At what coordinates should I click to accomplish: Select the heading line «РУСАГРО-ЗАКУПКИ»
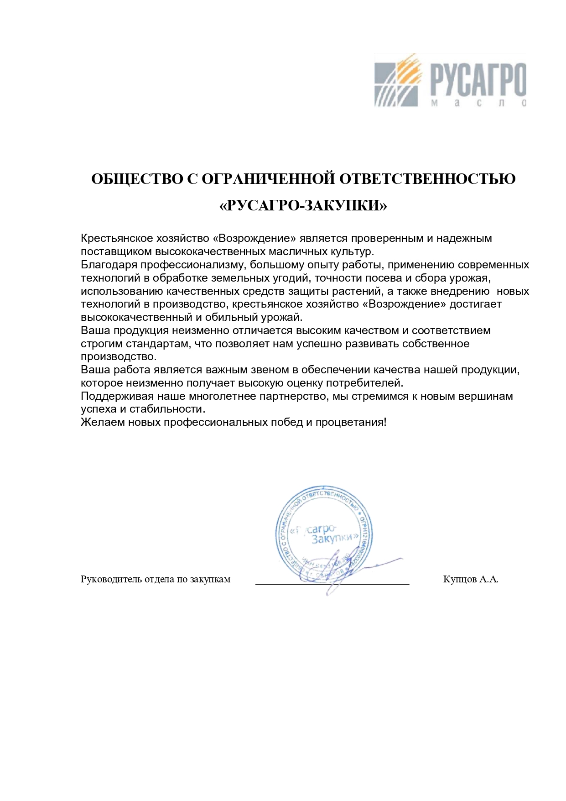(x=303, y=206)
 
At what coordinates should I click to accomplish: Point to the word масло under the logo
(x=478, y=103)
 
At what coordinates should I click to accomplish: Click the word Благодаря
(x=109, y=265)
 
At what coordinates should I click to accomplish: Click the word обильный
(x=230, y=317)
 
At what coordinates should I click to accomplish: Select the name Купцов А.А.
(x=470, y=580)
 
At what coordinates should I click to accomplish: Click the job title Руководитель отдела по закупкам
(x=156, y=580)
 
